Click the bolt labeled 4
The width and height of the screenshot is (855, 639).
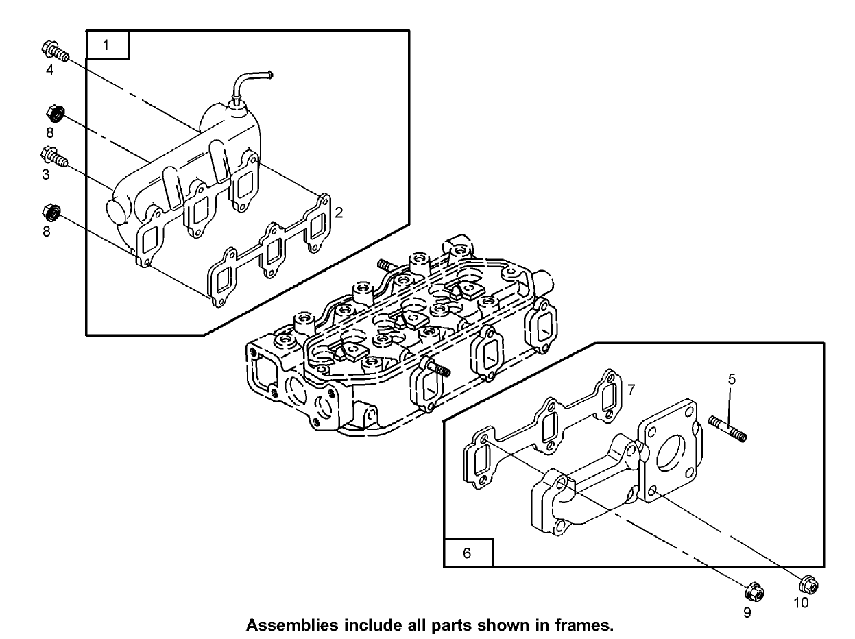coord(56,51)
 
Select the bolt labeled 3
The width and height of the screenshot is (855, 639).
coord(55,156)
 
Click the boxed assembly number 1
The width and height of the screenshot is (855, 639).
coord(106,46)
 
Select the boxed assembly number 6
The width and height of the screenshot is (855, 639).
coord(467,553)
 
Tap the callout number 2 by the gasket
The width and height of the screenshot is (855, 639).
coord(339,212)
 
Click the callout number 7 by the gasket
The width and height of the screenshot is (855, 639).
coord(631,389)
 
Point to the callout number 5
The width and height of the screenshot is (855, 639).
coord(732,378)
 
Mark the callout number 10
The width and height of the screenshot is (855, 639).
coord(801,603)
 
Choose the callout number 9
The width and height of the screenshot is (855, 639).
coord(747,612)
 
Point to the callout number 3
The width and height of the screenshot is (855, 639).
coord(46,175)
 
